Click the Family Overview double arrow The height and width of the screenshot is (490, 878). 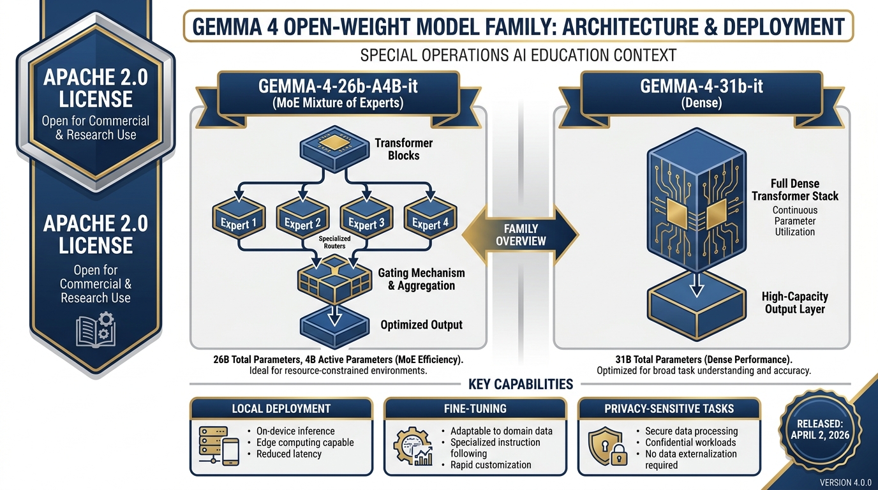(520, 234)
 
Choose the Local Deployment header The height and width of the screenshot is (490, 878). (281, 408)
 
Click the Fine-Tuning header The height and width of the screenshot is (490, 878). (475, 408)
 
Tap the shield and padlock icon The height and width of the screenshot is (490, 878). (606, 446)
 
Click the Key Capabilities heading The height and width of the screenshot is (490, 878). (521, 384)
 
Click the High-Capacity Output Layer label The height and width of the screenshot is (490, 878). (794, 303)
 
